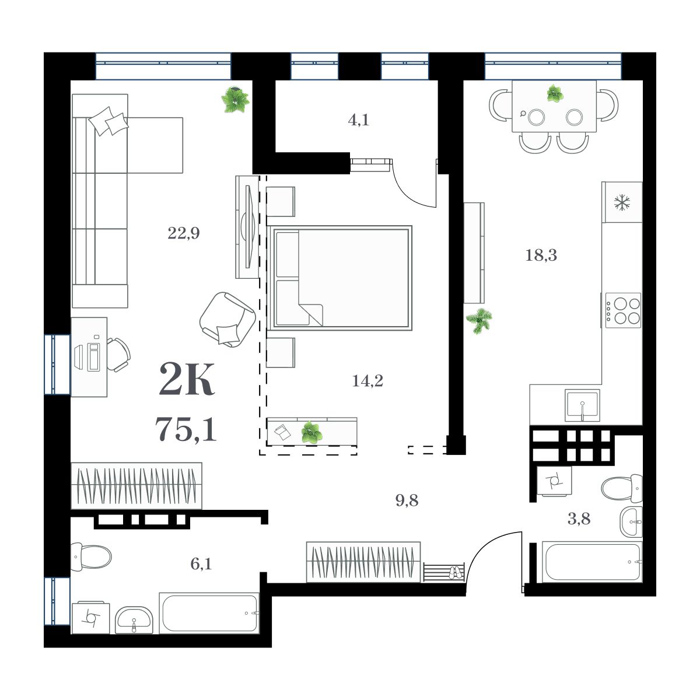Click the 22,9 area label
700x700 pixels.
pyautogui.click(x=184, y=234)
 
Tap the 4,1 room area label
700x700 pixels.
pyautogui.click(x=358, y=121)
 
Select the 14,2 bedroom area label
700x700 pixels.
pyautogui.click(x=367, y=381)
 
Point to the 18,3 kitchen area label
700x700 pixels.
pyautogui.click(x=541, y=255)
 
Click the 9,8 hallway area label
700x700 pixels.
pyautogui.click(x=407, y=500)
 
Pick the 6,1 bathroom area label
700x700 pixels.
pyautogui.click(x=200, y=563)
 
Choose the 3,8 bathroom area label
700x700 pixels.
pyautogui.click(x=579, y=519)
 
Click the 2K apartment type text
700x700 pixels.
pyautogui.click(x=187, y=380)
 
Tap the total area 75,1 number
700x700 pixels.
pyautogui.click(x=186, y=429)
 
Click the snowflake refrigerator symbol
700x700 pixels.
pyautogui.click(x=622, y=202)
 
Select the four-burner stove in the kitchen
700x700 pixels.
pyautogui.click(x=623, y=310)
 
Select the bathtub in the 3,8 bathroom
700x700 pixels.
pyautogui.click(x=591, y=562)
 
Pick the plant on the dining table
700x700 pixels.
pyautogui.click(x=554, y=93)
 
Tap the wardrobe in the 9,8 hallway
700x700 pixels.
pyautogui.click(x=363, y=562)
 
